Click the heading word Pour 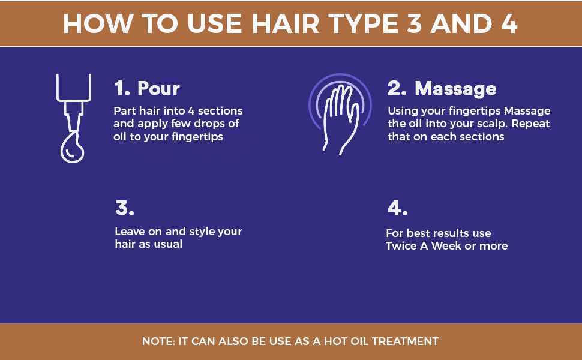(158, 88)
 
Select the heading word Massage (455, 89)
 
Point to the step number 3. (125, 208)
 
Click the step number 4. (398, 208)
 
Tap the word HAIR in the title (286, 23)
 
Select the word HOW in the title (98, 23)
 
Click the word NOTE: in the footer (158, 341)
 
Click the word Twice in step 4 (401, 245)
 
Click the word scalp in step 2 (494, 124)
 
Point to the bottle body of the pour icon (74, 88)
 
